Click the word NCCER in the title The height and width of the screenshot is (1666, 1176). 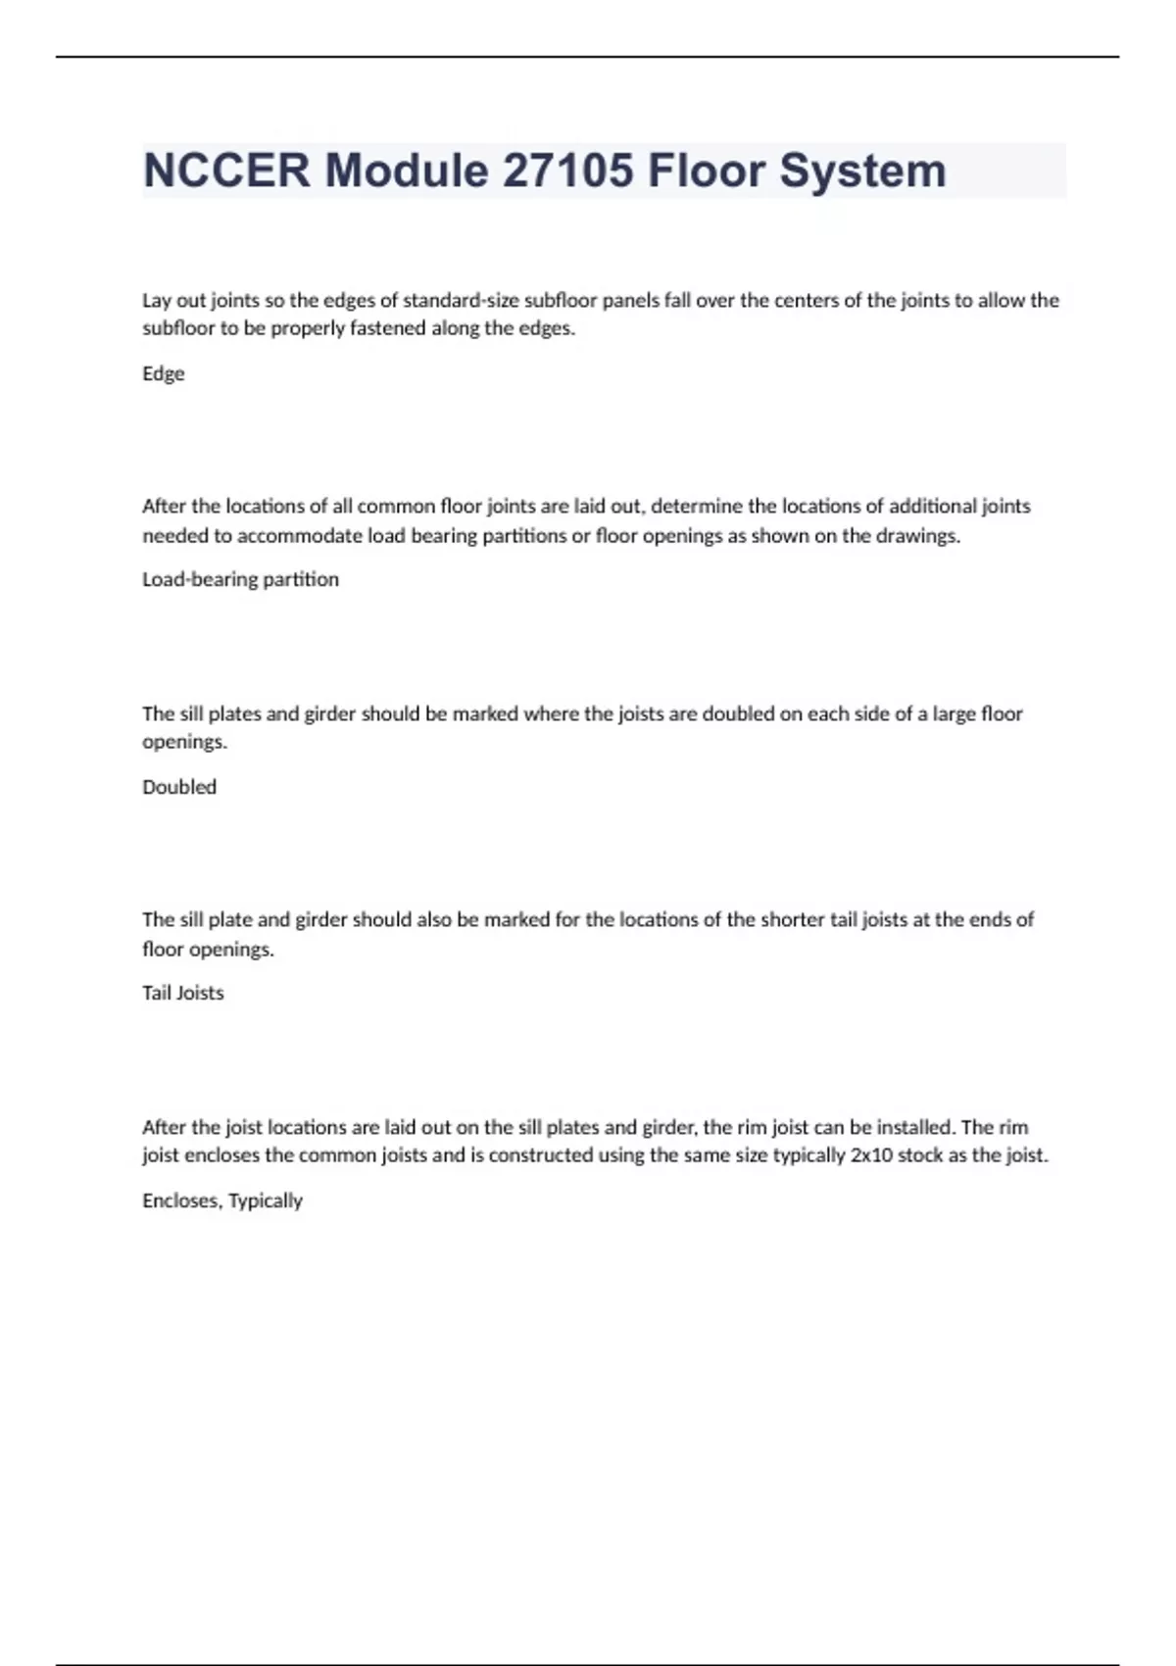[226, 171]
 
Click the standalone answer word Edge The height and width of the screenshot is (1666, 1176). [163, 373]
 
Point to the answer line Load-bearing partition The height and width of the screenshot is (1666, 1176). [240, 579]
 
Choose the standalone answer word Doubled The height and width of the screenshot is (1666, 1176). [179, 787]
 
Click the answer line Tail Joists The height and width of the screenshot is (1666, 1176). [183, 993]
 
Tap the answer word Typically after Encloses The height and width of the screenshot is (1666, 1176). [266, 1201]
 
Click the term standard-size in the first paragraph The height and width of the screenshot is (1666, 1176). [461, 300]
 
